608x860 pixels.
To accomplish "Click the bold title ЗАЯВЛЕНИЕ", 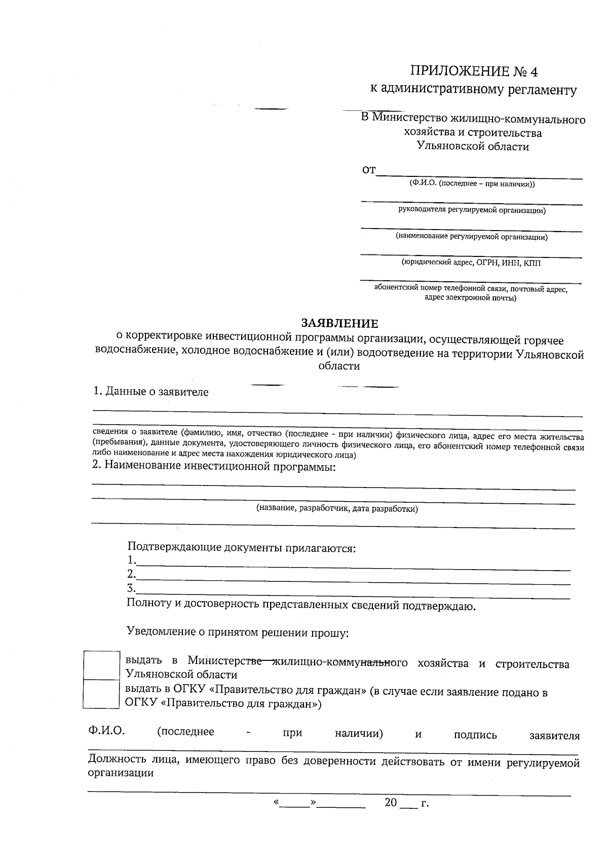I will click(x=339, y=323).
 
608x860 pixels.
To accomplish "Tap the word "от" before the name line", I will click(x=369, y=170).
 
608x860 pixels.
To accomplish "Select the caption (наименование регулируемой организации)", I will click(x=472, y=237).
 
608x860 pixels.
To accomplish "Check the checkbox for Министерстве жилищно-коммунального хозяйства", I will click(x=101, y=665).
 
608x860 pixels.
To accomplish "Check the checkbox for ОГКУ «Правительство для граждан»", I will click(x=101, y=693).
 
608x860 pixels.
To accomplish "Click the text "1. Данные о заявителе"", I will click(x=150, y=392).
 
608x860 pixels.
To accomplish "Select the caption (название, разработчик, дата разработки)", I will click(x=337, y=509).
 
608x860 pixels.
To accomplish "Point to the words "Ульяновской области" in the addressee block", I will click(x=472, y=147).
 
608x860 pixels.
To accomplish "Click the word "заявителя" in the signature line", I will click(x=554, y=735).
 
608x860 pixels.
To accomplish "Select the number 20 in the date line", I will click(x=391, y=803).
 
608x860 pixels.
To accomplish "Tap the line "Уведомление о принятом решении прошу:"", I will click(x=237, y=632).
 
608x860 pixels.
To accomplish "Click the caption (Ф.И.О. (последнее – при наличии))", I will click(x=472, y=184).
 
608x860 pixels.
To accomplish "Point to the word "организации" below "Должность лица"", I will click(x=121, y=773).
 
